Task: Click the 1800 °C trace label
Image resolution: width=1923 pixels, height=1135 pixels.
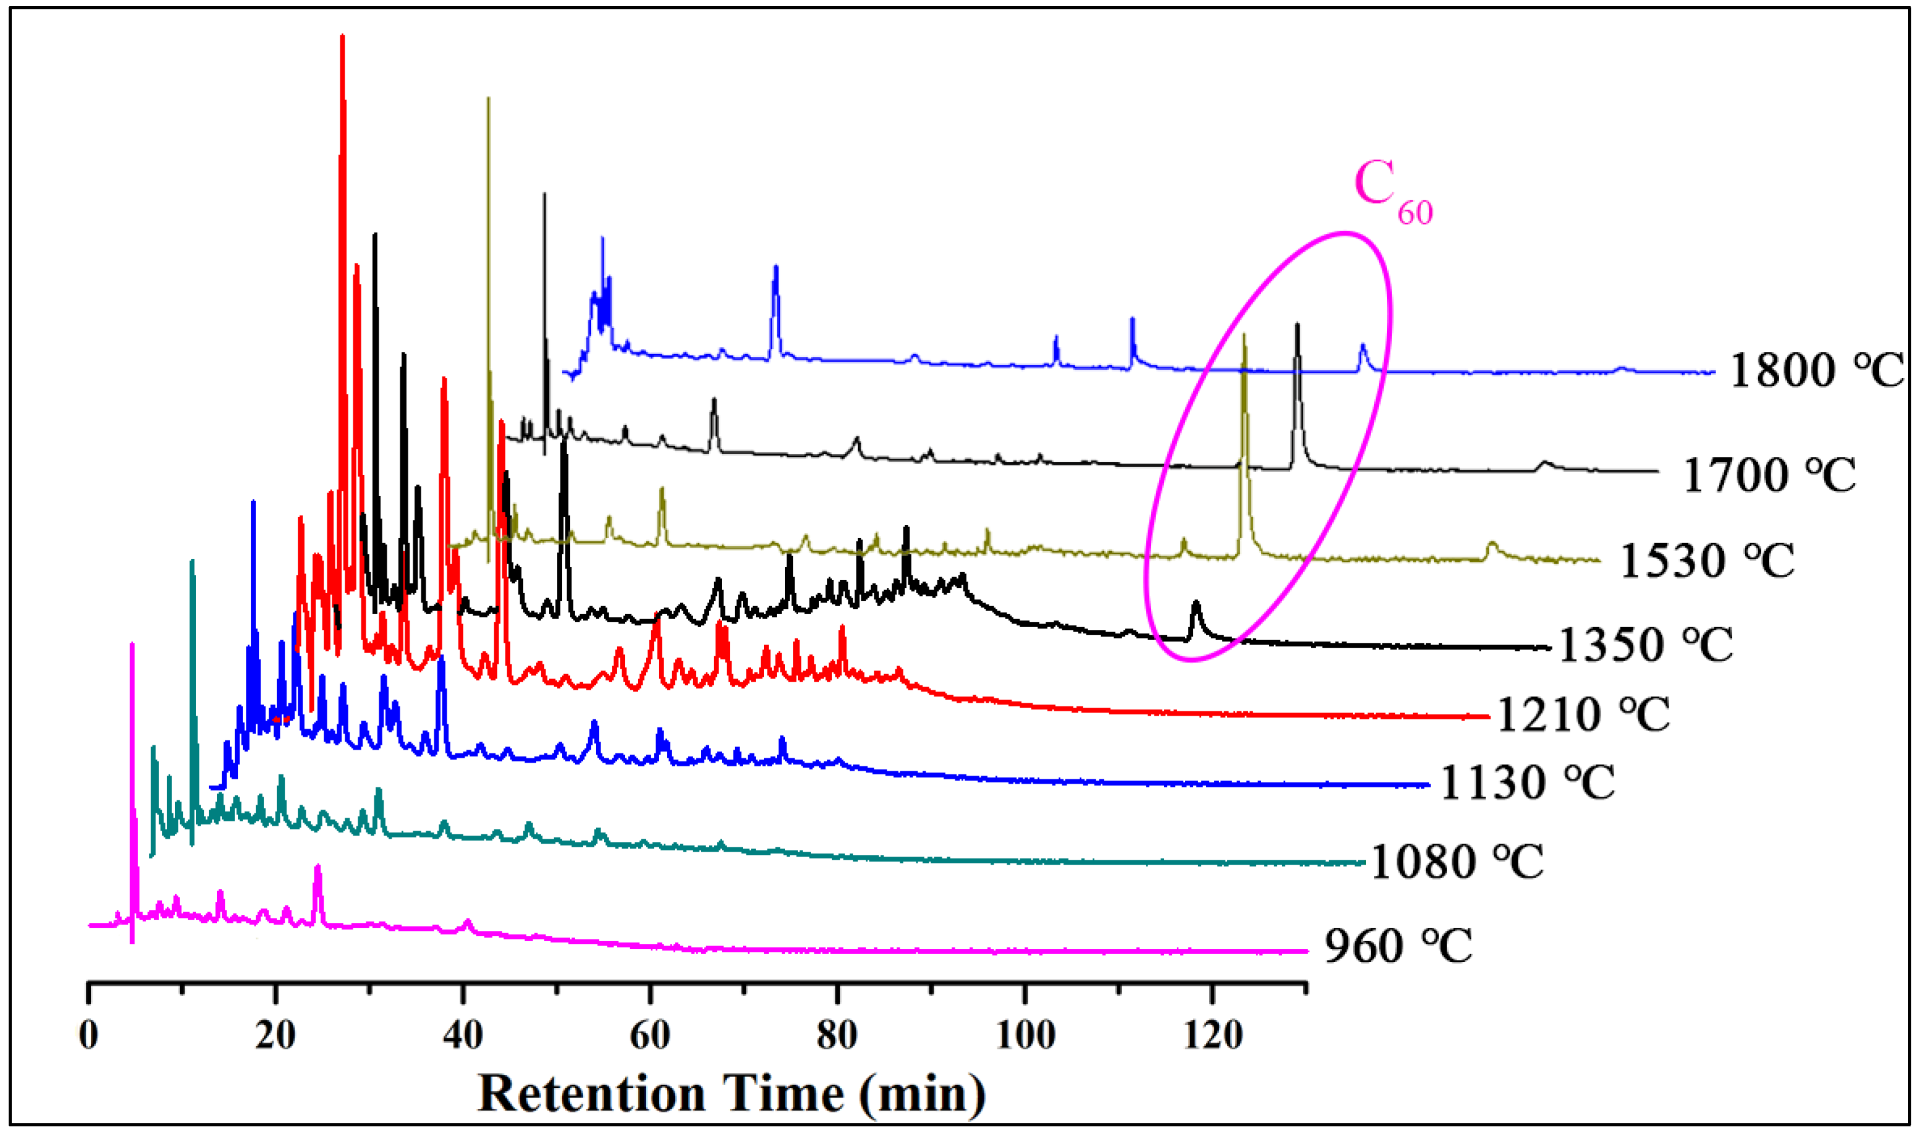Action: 1815,371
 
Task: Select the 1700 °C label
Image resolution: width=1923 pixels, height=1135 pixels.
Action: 1768,475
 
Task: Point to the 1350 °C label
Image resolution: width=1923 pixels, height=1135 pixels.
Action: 1645,645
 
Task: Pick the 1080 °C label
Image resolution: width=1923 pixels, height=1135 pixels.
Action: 1456,862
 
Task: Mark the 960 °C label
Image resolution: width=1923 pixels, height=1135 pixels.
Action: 1398,946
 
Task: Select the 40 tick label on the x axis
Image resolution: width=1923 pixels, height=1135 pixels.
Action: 463,1035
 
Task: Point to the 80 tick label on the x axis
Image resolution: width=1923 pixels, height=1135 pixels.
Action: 837,1035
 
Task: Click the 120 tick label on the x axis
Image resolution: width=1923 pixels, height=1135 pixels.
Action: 1211,1035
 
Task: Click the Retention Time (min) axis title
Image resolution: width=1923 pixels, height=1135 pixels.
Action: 731,1094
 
